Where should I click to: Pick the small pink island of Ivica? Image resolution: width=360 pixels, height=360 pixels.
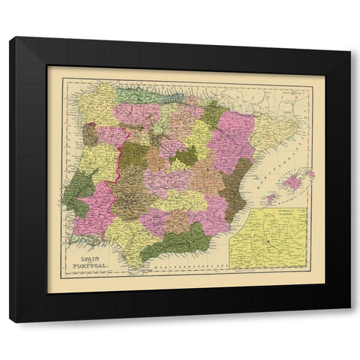(x=271, y=201)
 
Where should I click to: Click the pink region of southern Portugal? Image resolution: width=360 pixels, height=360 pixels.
(x=97, y=206)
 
